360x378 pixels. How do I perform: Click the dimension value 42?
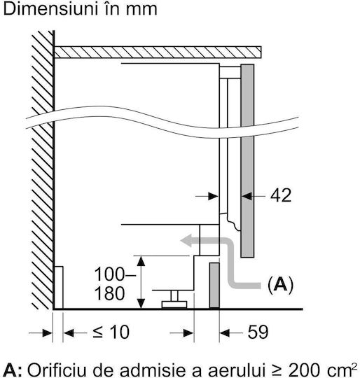281,195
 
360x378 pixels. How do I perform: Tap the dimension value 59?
258,332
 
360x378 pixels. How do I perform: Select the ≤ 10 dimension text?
111,332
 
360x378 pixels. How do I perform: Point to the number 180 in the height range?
110,293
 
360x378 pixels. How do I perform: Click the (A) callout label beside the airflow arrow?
280,285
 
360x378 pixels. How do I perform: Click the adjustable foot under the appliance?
174,300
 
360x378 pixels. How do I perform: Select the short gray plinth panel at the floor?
214,285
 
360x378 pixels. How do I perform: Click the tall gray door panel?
247,161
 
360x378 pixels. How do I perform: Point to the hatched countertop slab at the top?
158,52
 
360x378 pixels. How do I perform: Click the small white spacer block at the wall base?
59,288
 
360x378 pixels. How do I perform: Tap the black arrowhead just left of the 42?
247,196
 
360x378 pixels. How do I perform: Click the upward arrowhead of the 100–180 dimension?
141,261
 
